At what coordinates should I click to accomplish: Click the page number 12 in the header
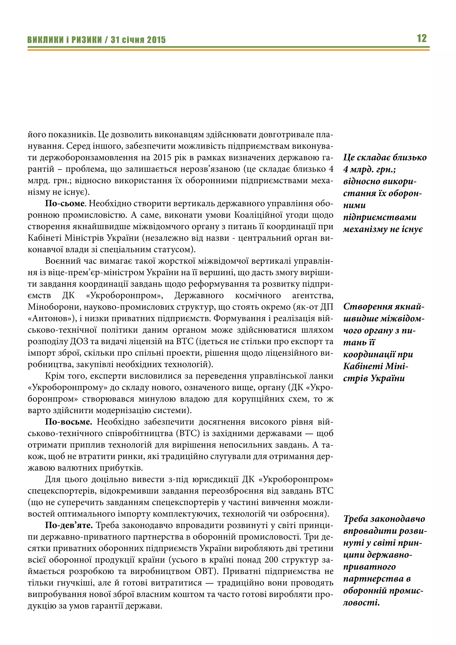421,38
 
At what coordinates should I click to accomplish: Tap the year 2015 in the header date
156,40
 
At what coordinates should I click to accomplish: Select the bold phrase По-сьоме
65,203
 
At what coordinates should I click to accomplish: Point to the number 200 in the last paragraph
271,560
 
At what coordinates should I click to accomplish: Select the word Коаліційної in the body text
258,215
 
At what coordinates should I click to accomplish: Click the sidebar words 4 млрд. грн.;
370,169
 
